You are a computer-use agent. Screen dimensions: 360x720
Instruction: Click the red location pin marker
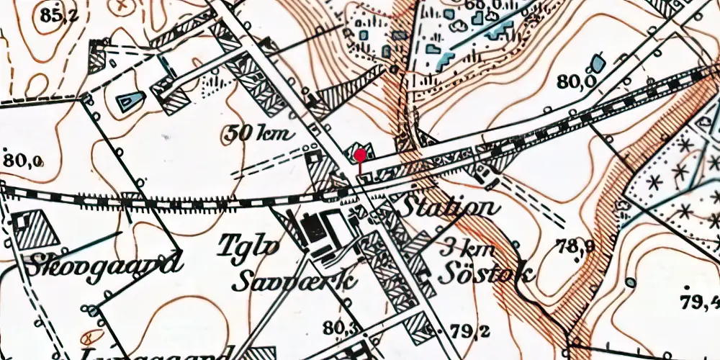tap(360, 155)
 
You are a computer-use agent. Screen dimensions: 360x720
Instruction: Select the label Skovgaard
tap(100, 264)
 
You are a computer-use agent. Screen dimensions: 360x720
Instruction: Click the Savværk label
tap(294, 280)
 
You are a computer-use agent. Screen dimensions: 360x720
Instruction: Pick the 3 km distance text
tap(469, 248)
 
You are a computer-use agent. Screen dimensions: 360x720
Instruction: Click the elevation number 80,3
tap(340, 328)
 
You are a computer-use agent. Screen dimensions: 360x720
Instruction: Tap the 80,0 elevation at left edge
tap(23, 161)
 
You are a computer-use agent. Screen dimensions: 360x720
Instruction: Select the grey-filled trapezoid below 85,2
tap(130, 102)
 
